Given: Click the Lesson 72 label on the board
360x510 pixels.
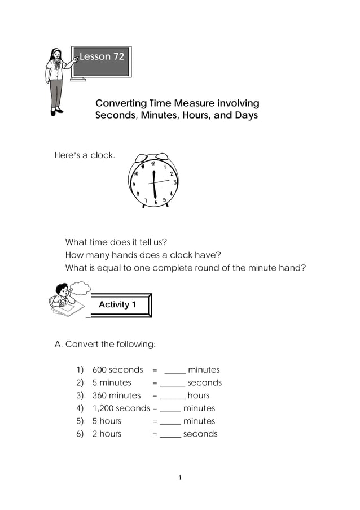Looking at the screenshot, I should (102, 56).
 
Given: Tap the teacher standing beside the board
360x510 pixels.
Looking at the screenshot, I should (57, 81).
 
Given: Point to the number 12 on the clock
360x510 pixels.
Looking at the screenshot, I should (153, 163).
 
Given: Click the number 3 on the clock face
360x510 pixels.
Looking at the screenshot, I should (175, 182).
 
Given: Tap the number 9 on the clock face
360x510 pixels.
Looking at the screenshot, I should (133, 184).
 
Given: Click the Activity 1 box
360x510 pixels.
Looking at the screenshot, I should (118, 305).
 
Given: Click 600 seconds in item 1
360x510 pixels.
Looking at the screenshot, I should (118, 370).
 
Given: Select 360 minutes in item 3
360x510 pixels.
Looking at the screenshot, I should (116, 395).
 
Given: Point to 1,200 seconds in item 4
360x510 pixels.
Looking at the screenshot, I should (121, 408).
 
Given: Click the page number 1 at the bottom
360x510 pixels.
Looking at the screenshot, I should (179, 478).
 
